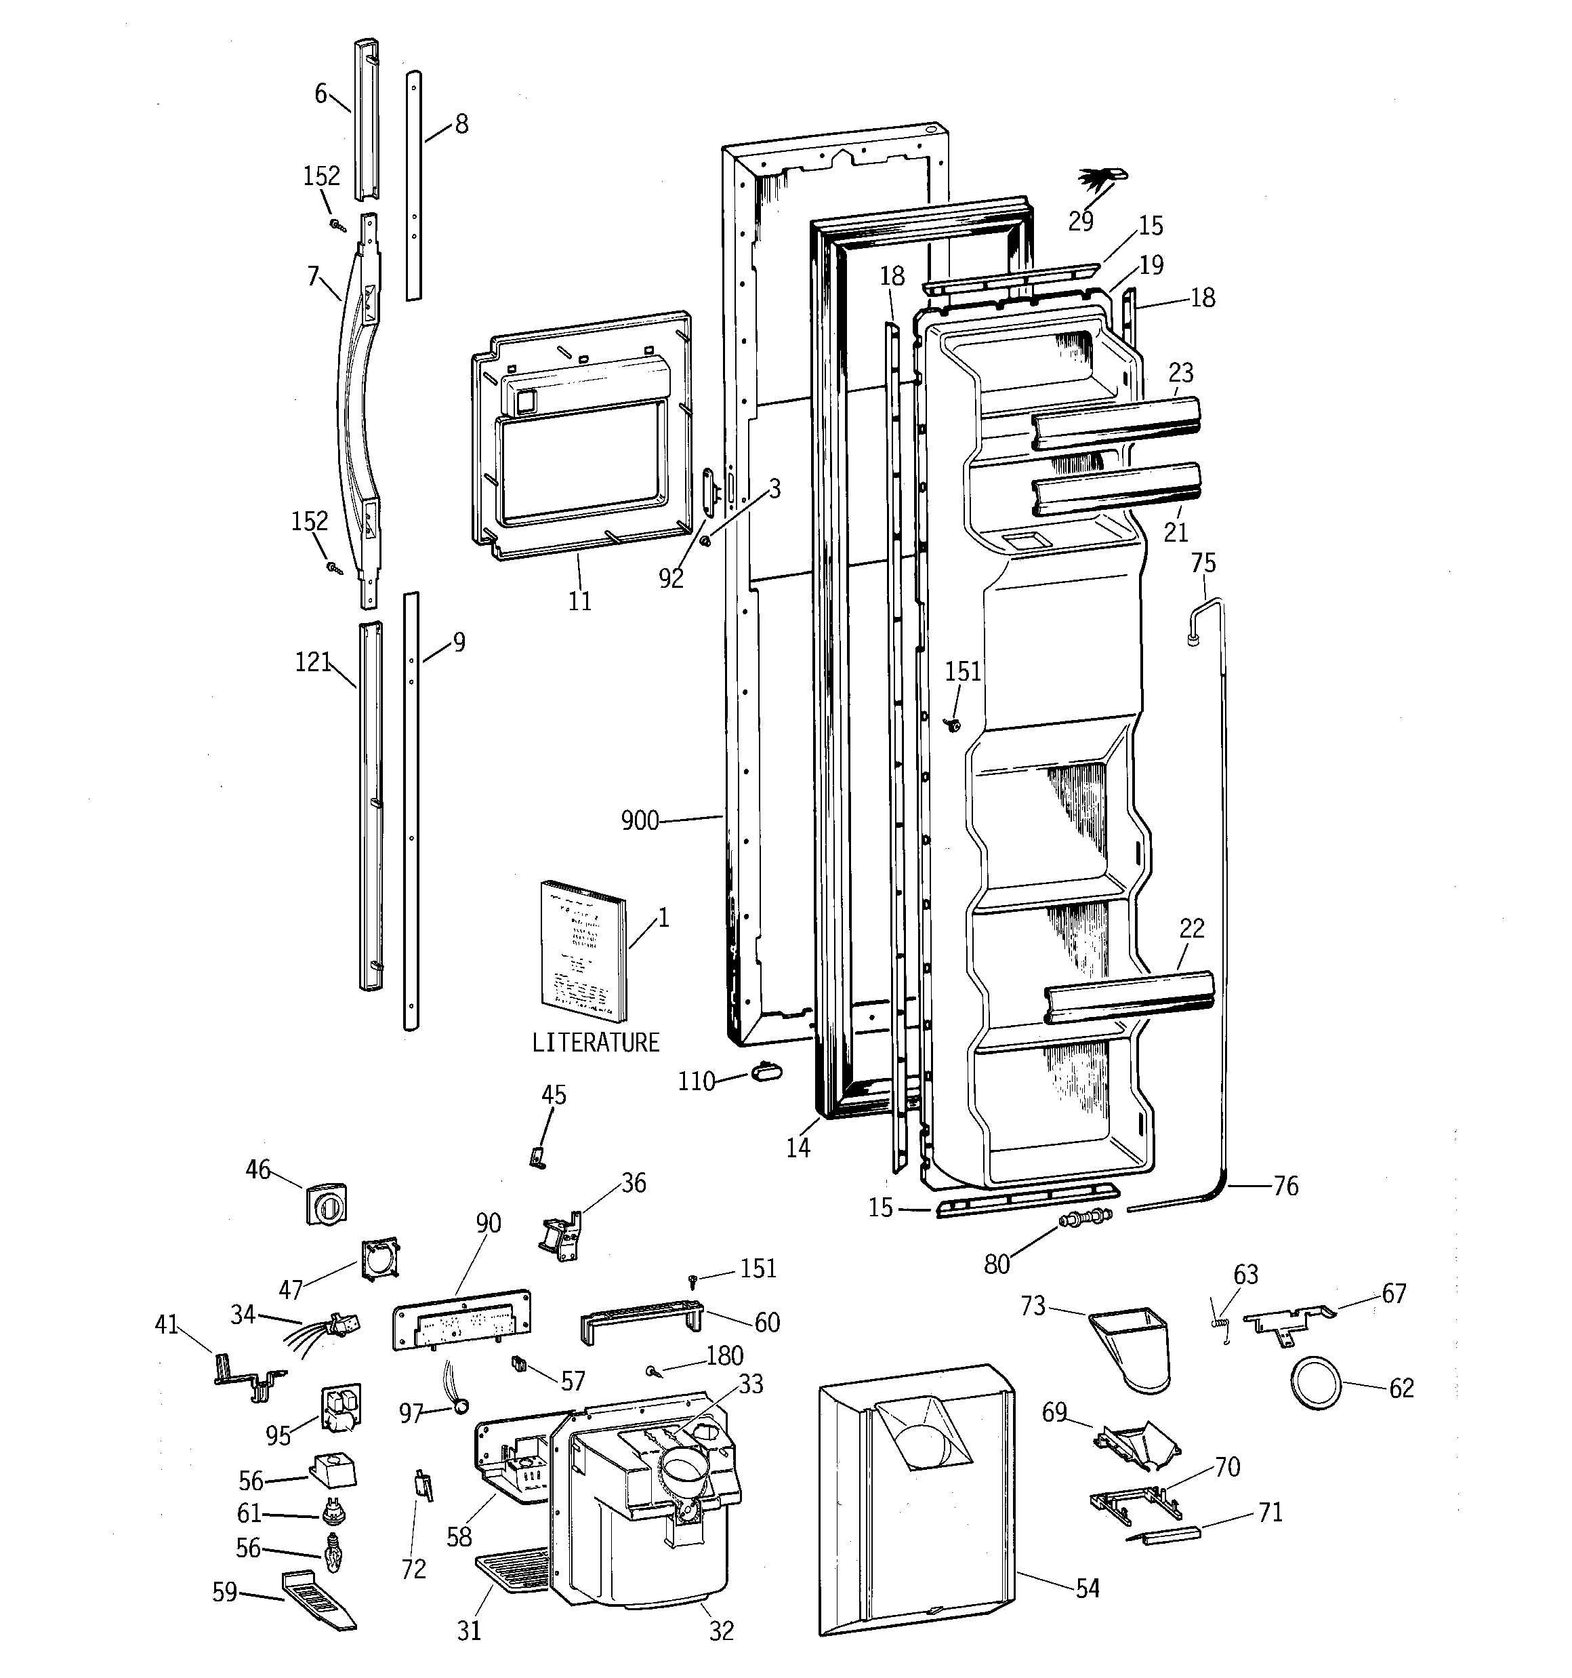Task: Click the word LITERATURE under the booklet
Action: [595, 1043]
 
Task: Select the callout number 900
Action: [640, 820]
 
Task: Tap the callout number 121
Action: [313, 662]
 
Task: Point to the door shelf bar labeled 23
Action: [1115, 421]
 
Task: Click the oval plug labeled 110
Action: [765, 1071]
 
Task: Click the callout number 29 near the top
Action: [1080, 222]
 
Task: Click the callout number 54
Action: [1088, 1589]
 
